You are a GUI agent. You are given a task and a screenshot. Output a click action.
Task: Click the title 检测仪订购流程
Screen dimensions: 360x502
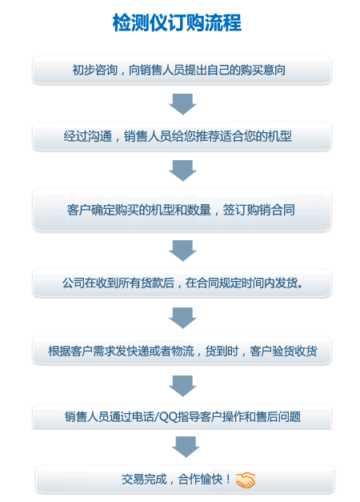tap(177, 22)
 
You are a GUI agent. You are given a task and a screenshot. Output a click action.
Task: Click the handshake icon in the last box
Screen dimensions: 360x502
tap(246, 480)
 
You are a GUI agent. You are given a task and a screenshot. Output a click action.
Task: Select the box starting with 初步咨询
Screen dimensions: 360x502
tap(182, 70)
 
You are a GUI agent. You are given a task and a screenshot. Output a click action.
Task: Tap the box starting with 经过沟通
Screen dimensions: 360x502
tap(182, 136)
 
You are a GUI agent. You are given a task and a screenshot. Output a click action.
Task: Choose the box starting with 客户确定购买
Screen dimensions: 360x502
tap(182, 210)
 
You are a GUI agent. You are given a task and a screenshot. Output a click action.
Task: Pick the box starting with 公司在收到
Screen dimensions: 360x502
tap(182, 283)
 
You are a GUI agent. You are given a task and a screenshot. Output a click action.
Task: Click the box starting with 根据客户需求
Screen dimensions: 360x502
tap(182, 351)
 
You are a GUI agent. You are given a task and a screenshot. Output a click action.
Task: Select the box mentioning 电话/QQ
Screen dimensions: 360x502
tap(182, 417)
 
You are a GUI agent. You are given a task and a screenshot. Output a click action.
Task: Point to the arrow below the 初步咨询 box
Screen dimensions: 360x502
tap(182, 104)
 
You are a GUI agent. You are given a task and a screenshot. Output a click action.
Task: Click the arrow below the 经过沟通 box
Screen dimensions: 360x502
tap(182, 171)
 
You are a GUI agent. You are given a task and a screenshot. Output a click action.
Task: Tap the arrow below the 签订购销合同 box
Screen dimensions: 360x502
tap(182, 251)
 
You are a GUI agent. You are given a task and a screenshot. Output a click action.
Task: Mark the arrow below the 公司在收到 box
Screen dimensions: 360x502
tap(182, 318)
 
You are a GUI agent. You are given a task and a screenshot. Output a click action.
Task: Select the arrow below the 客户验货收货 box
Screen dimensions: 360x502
tap(182, 386)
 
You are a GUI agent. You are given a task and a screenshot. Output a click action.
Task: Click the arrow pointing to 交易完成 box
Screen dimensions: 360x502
tap(186, 447)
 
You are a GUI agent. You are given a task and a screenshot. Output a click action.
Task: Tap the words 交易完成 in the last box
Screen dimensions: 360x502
tap(144, 480)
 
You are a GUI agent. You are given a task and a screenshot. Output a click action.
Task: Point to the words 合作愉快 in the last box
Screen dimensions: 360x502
tap(200, 480)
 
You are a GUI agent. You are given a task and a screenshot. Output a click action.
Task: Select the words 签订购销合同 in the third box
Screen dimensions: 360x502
tap(259, 210)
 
